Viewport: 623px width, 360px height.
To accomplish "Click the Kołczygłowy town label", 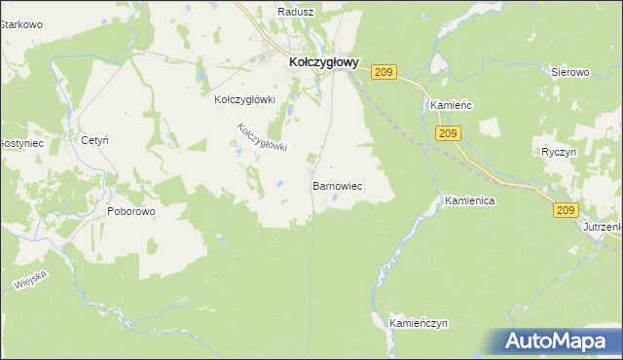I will tap(324, 61).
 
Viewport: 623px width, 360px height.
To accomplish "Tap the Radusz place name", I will tap(295, 11).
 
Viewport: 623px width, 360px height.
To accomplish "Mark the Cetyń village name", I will tap(94, 140).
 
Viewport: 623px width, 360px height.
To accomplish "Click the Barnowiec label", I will tap(337, 184).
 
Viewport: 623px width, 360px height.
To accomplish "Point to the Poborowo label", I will tap(131, 210).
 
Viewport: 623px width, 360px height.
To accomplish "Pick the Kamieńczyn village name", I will tap(418, 322).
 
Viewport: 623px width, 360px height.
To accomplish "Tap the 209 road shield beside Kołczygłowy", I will tap(385, 73).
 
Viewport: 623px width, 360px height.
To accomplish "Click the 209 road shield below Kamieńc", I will tap(448, 133).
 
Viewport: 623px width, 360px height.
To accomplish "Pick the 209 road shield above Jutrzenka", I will tap(568, 209).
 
